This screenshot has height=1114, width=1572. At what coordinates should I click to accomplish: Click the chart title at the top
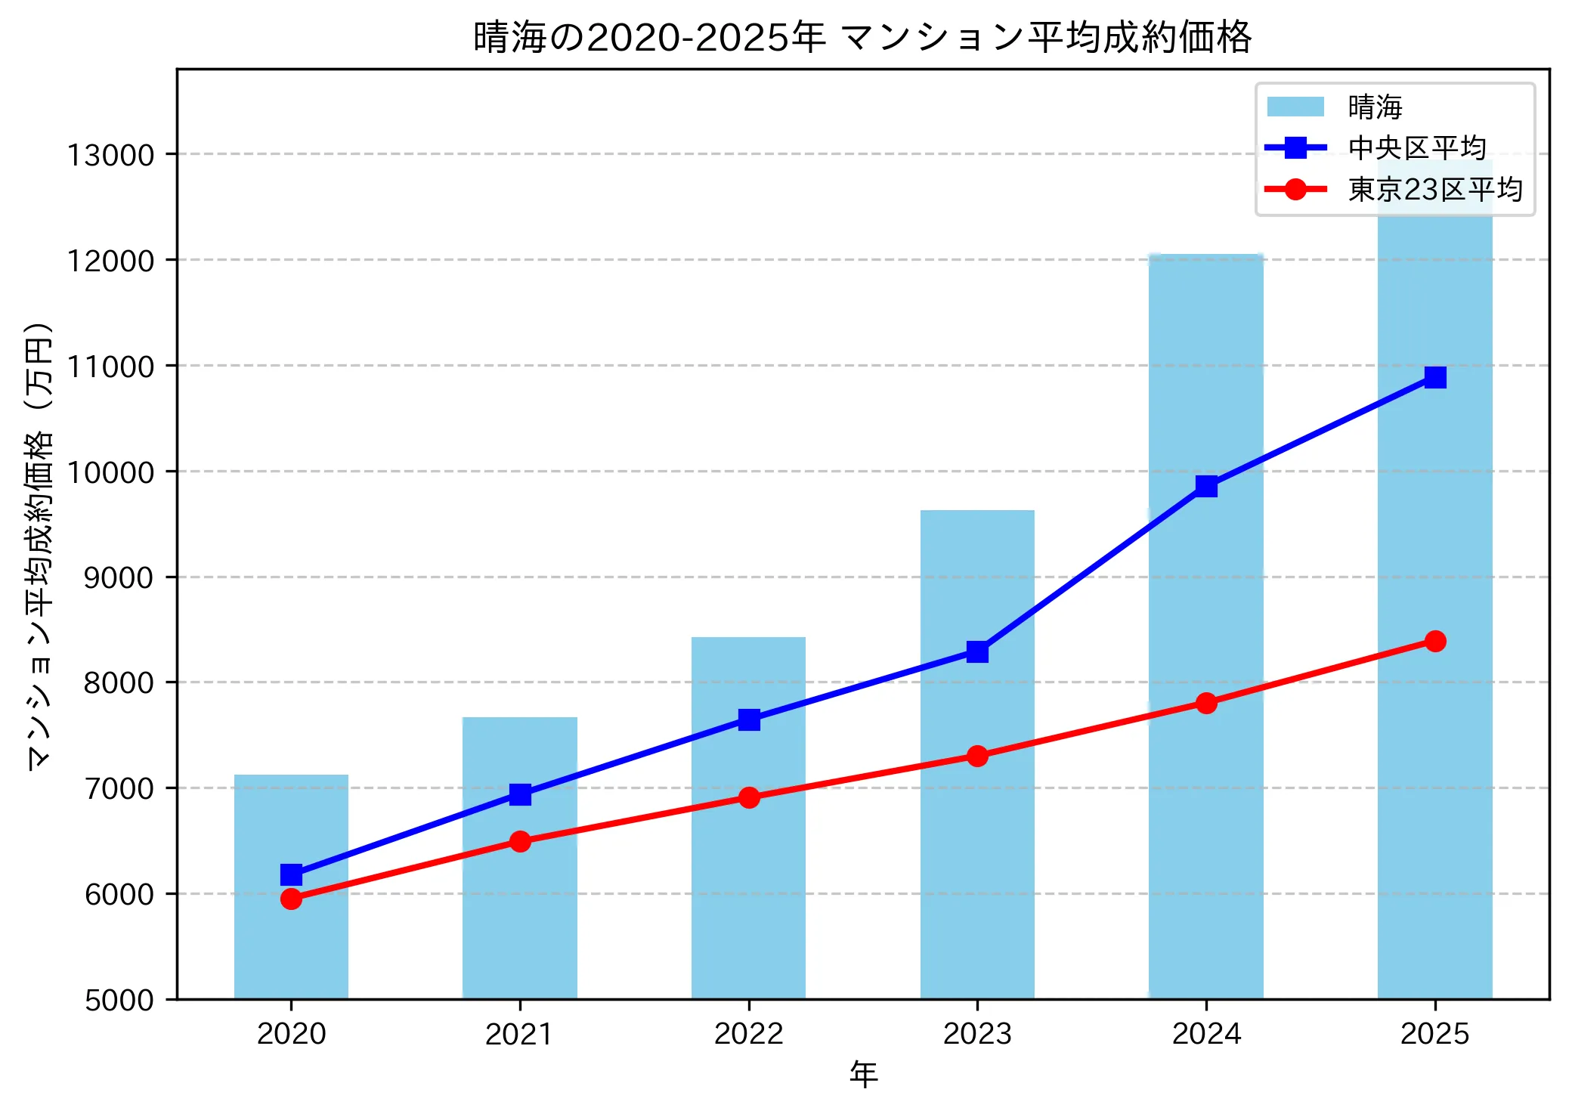click(862, 38)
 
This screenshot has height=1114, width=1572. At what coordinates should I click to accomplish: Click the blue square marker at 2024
click(1206, 486)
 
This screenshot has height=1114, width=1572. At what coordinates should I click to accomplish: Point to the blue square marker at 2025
click(1435, 377)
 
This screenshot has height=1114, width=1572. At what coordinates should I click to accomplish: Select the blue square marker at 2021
click(520, 794)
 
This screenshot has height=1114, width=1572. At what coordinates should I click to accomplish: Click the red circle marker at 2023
click(977, 756)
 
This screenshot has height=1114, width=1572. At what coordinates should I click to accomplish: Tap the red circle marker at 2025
click(1435, 641)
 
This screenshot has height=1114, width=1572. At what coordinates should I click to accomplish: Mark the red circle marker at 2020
click(291, 899)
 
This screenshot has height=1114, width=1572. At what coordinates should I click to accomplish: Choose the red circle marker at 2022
click(749, 797)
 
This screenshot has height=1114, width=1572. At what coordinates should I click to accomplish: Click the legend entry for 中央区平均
click(1416, 148)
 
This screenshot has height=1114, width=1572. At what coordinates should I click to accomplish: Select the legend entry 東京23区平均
click(1434, 190)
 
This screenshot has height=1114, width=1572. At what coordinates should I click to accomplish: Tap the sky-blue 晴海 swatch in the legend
click(1295, 107)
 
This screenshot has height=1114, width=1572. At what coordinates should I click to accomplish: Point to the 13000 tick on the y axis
click(110, 155)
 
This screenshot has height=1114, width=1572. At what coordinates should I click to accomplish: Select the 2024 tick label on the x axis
click(1206, 1034)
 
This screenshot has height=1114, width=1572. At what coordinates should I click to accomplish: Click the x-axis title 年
click(863, 1074)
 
